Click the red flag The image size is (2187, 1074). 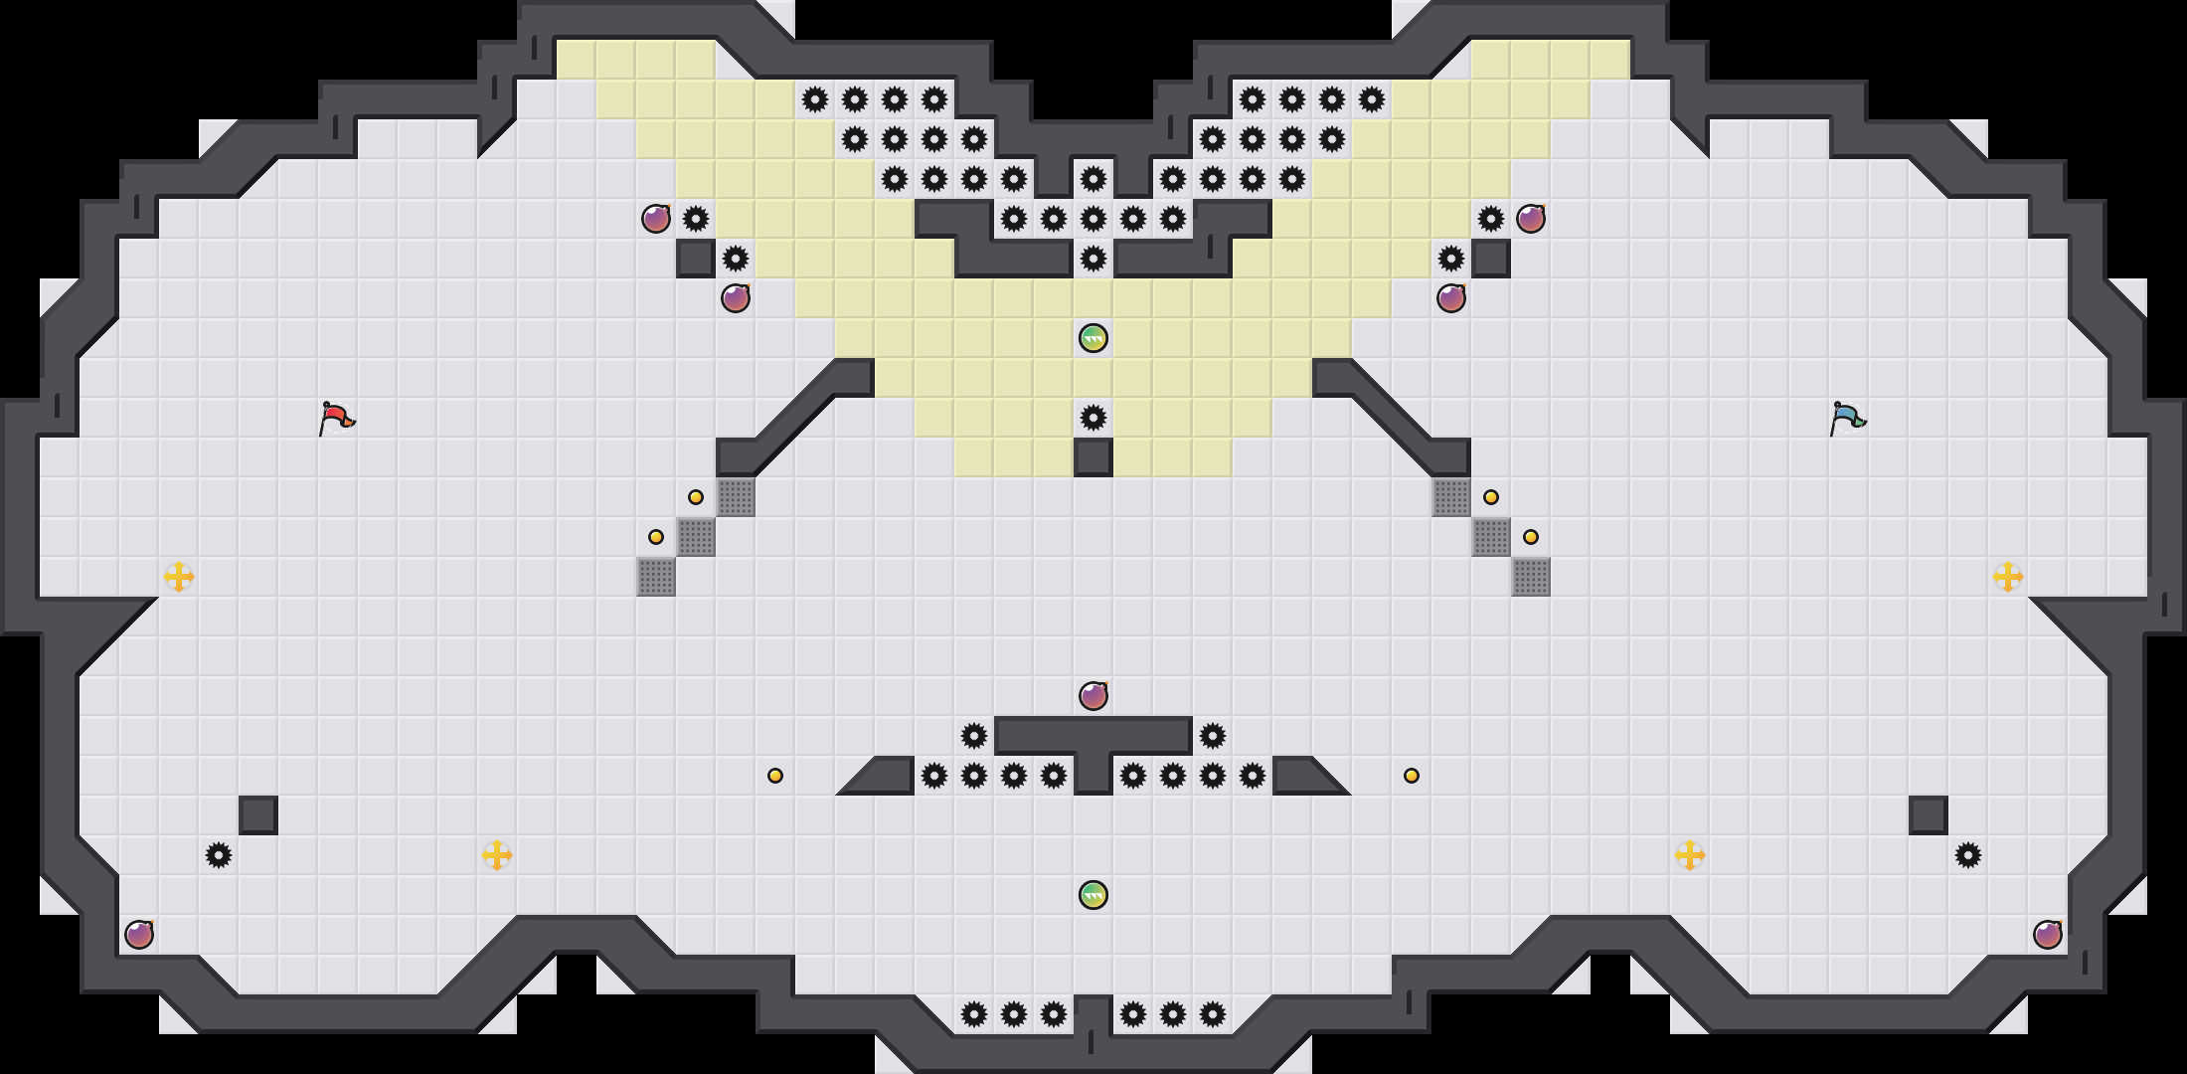pos(336,418)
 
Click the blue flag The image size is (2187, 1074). pos(1847,418)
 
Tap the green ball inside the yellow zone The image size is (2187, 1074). pos(1093,338)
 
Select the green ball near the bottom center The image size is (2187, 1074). pos(1093,895)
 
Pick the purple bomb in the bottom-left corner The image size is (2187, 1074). pos(139,935)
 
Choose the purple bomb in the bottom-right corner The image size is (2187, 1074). pos(2048,935)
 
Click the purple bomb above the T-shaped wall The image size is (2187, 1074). pos(1093,696)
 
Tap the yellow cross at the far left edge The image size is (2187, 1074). pos(179,577)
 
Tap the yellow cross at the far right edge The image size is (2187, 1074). pos(2008,577)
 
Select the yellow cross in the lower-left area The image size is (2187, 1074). pos(497,855)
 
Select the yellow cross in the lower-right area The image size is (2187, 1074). pos(1690,855)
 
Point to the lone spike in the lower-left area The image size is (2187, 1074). pos(219,855)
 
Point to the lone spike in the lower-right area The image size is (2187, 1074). pos(1968,855)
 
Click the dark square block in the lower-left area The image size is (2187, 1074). pos(258,815)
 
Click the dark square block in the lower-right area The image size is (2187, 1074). pos(1929,815)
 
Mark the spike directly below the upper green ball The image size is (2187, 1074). pos(1093,418)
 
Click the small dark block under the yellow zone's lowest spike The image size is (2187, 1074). pos(1093,457)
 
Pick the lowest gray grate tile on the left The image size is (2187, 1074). pos(656,577)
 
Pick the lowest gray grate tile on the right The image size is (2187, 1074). pos(1531,577)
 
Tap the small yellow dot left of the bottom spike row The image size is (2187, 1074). pos(775,776)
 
